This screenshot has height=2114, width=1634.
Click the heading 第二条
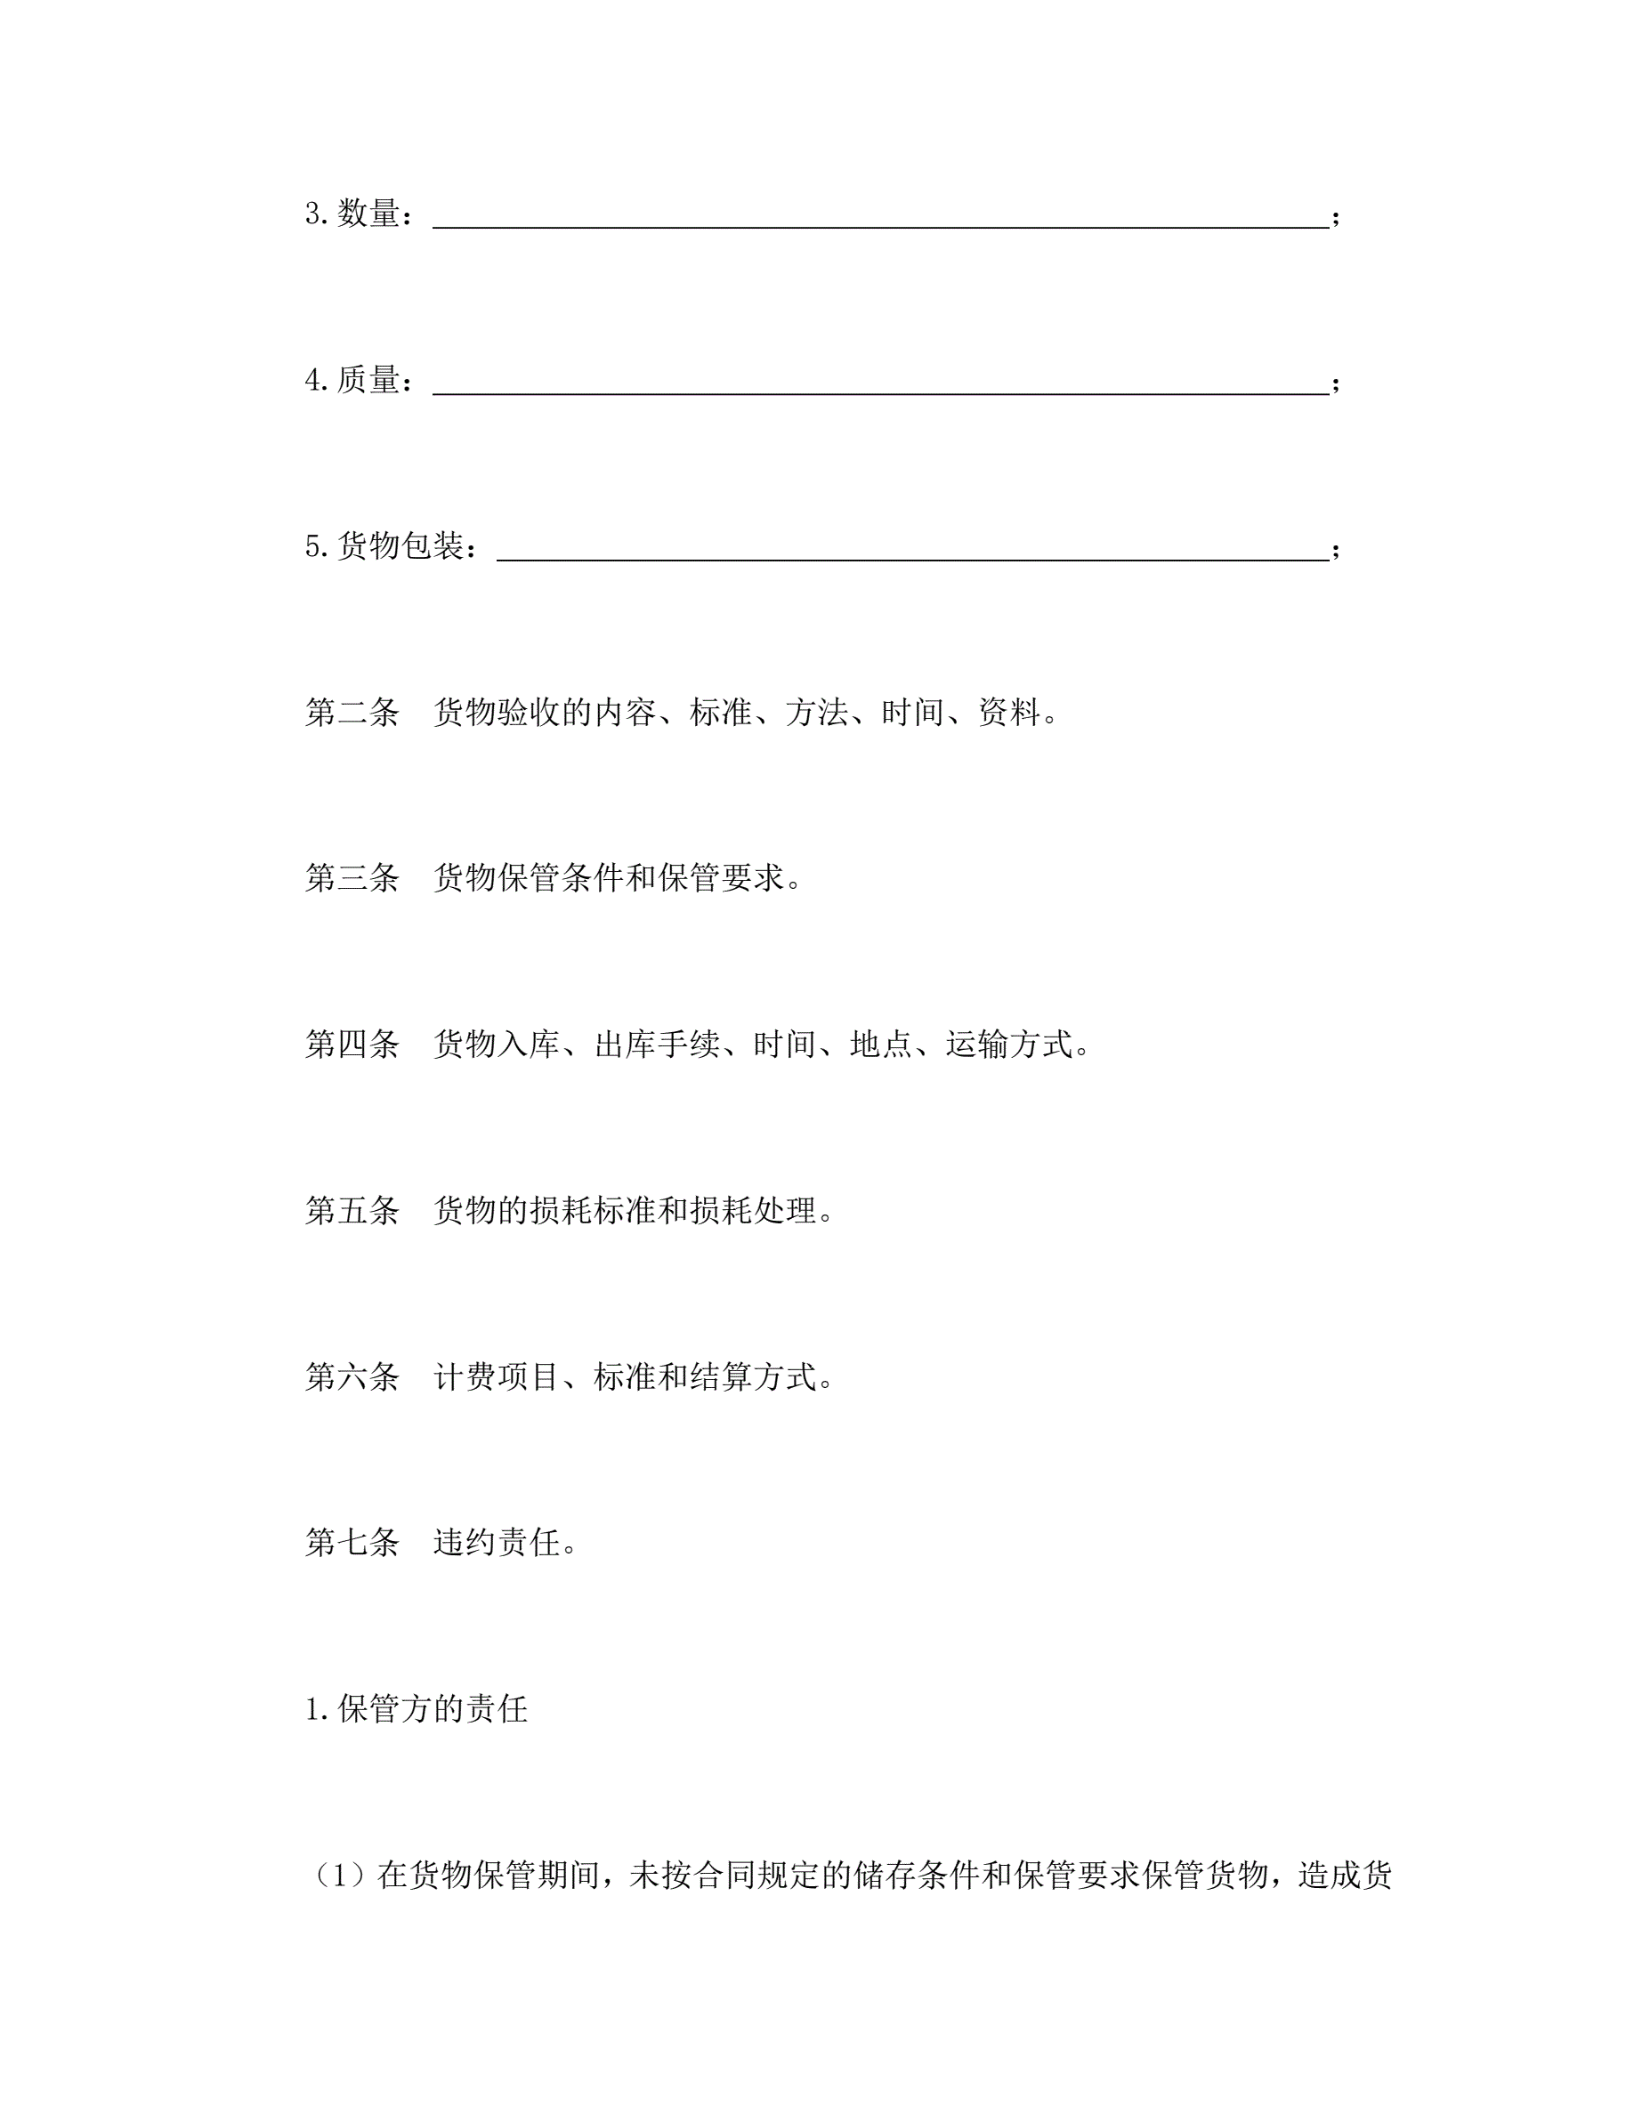point(352,713)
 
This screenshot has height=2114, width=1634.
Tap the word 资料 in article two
point(1007,713)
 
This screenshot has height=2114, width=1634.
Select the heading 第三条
point(352,878)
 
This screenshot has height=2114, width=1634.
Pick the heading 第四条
point(352,1045)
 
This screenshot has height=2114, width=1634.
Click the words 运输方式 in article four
point(1007,1045)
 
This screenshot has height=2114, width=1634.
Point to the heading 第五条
point(352,1210)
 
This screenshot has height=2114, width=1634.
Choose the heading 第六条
point(352,1376)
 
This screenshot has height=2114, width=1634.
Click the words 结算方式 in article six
point(752,1376)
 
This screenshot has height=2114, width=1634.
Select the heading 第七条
point(352,1542)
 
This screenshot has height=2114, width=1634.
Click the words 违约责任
point(497,1542)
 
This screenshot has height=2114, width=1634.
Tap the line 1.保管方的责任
point(417,1708)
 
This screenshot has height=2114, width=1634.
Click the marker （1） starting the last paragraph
point(339,1875)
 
